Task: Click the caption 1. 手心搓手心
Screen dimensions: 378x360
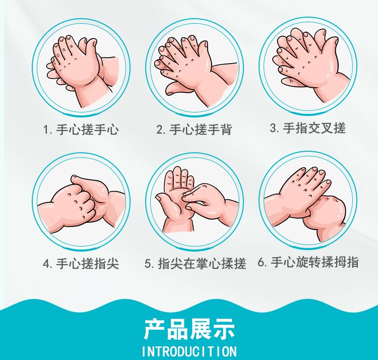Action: coord(81,129)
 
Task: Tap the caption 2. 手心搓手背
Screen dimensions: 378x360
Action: coord(195,129)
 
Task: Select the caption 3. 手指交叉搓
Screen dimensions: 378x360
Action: coord(308,128)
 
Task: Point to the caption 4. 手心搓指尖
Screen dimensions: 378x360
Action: coord(81,263)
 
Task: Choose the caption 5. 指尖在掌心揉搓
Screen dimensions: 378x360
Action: coord(195,263)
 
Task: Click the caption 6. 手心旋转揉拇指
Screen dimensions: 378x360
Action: coord(308,262)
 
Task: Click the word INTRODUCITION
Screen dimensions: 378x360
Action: coord(189,351)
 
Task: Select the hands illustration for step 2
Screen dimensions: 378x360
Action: coord(196,71)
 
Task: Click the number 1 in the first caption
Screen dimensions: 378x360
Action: coord(46,130)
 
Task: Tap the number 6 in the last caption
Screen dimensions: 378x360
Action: coord(261,262)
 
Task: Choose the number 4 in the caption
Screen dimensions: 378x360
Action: coord(46,264)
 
